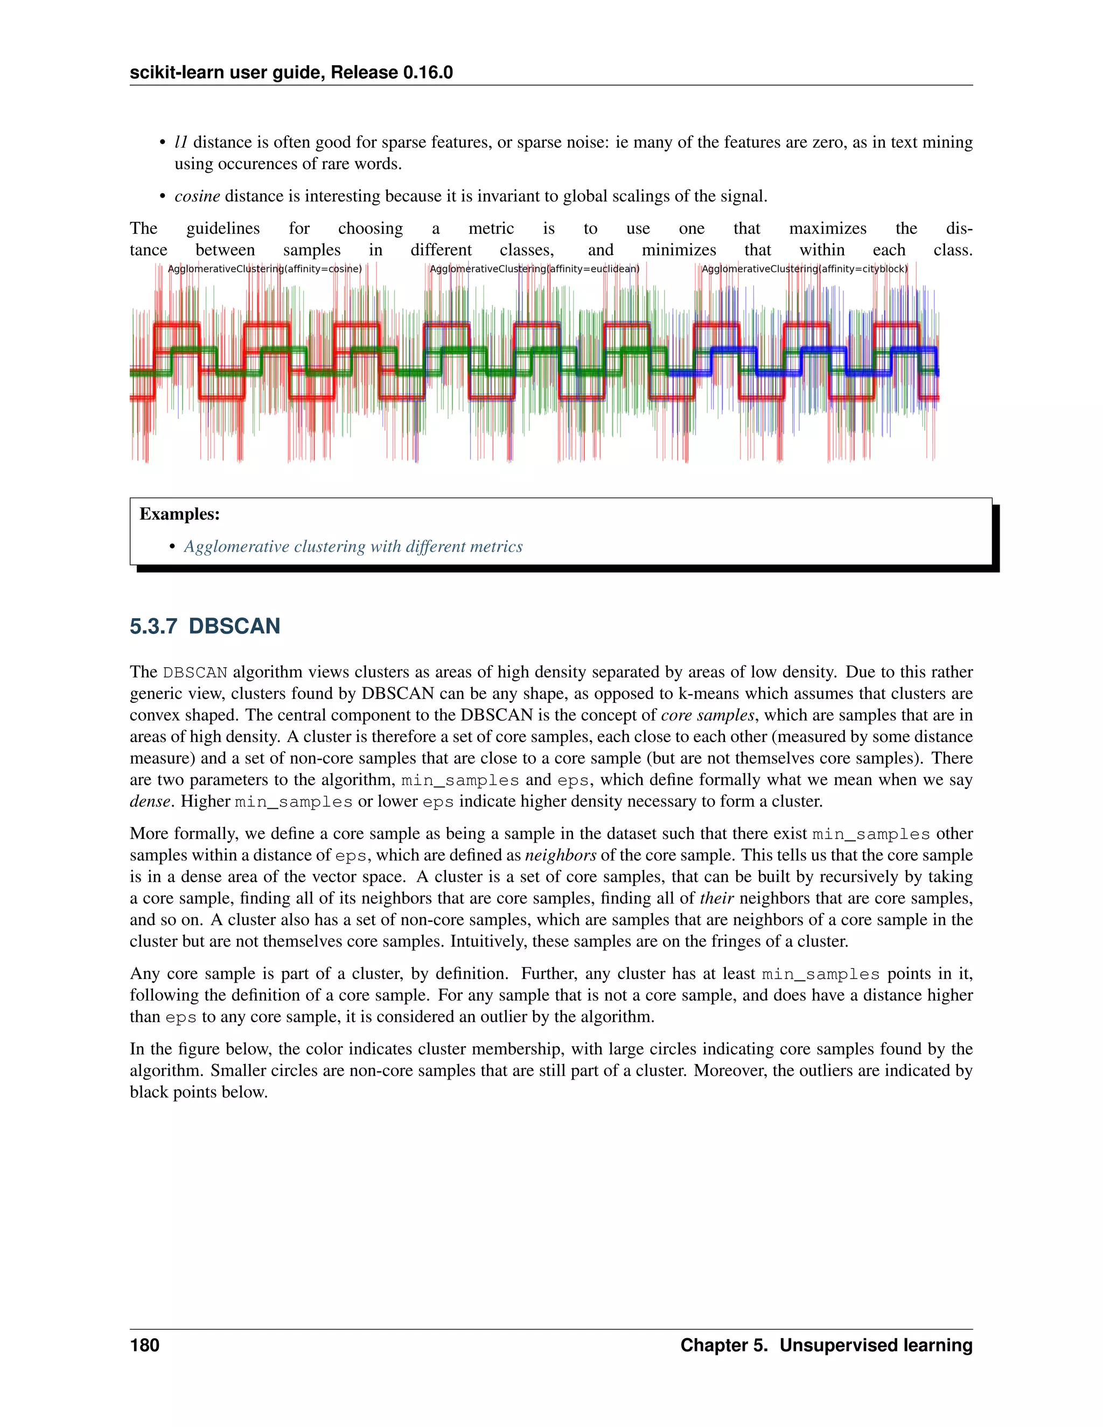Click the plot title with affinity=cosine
[x=264, y=269]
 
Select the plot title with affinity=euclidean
[x=534, y=269]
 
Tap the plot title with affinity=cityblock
[x=805, y=269]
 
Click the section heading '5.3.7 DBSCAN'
[x=205, y=626]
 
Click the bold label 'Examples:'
[x=180, y=514]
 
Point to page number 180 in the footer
[x=144, y=1345]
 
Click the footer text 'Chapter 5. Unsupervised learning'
[x=826, y=1345]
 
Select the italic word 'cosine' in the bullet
[x=197, y=196]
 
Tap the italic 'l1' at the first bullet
[x=181, y=143]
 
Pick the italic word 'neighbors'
[x=561, y=855]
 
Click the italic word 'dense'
[x=150, y=801]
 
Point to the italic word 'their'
[x=717, y=898]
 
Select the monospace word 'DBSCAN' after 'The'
[x=195, y=673]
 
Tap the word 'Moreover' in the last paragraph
[x=730, y=1071]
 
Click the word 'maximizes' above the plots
[x=827, y=229]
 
